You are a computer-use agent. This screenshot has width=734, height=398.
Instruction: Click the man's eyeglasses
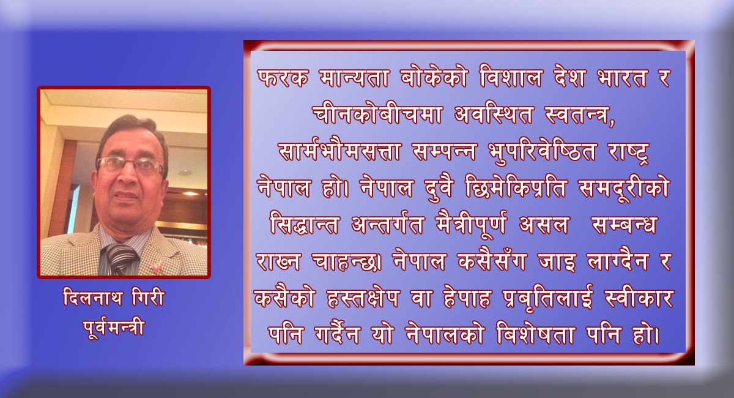[x=130, y=165]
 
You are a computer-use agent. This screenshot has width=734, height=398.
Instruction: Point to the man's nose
[x=128, y=179]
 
